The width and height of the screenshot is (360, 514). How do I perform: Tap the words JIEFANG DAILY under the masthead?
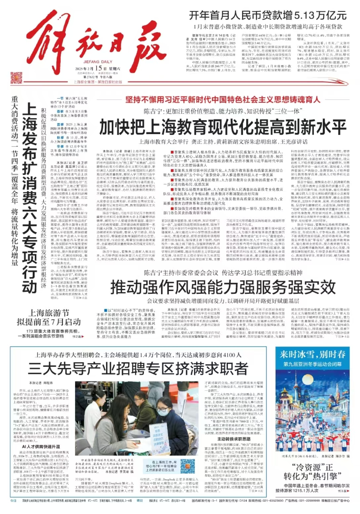coord(91,62)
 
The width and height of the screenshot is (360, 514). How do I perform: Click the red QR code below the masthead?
coord(16,78)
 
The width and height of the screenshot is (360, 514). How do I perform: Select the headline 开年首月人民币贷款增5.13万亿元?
coord(268,15)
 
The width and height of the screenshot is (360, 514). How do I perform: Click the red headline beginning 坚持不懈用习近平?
coord(223,99)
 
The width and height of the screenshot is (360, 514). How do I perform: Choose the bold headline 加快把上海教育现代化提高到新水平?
coord(223,127)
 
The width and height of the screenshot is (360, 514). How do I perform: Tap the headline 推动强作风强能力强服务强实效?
coord(223,287)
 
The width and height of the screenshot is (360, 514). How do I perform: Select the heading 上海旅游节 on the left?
coord(49,312)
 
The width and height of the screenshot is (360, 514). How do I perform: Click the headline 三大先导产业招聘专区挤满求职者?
coord(138,368)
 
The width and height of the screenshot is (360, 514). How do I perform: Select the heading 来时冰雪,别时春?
coord(312,354)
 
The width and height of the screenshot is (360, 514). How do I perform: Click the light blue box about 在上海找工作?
coord(164,466)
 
